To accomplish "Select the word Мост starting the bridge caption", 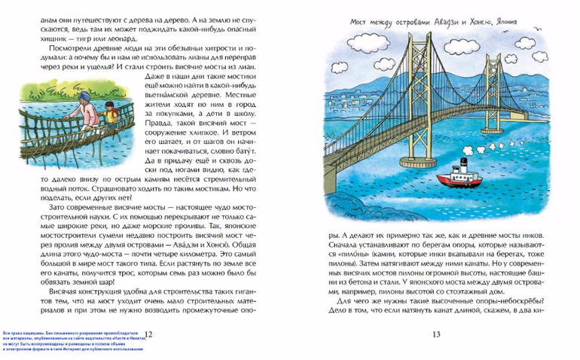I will coord(363,23).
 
